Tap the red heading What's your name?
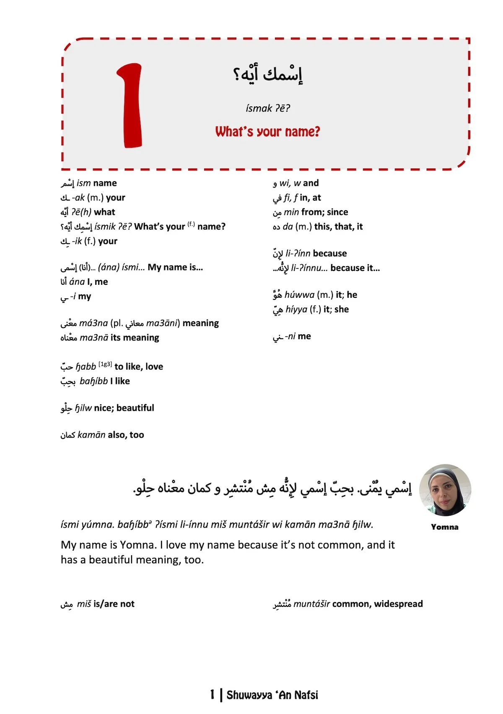267,132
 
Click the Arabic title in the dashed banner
268,75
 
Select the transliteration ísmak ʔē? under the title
268,108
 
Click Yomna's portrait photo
445,490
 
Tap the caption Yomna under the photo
444,527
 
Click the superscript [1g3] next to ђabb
105,364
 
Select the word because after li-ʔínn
330,253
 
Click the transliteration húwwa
299,295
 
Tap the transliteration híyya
296,309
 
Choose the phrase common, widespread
377,604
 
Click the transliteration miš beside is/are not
84,604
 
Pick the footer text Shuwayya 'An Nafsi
272,695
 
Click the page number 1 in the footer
213,695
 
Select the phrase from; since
324,212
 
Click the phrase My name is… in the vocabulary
175,267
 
